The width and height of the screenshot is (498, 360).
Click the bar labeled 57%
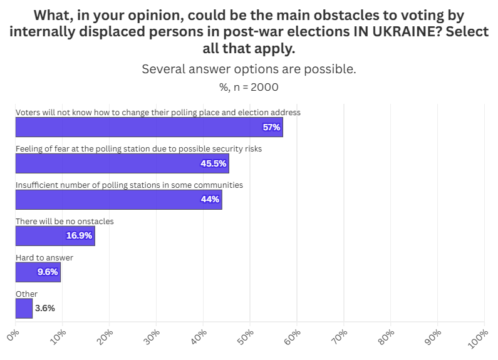click(148, 127)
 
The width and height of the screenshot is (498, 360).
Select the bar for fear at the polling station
click(122, 163)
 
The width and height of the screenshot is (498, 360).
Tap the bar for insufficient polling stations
click(118, 200)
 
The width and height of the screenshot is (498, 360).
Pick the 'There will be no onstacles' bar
click(55, 236)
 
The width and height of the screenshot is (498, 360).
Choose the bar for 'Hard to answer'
click(38, 272)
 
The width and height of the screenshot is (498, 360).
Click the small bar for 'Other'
click(24, 308)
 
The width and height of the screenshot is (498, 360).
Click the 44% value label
click(210, 200)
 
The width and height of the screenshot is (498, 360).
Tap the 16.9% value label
click(79, 236)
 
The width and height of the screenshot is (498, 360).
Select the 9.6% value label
click(48, 272)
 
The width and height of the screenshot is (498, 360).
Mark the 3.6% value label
click(45, 308)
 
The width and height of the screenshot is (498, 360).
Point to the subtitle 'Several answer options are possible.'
click(249, 69)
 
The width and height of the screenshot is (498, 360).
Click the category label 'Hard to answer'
click(44, 257)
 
